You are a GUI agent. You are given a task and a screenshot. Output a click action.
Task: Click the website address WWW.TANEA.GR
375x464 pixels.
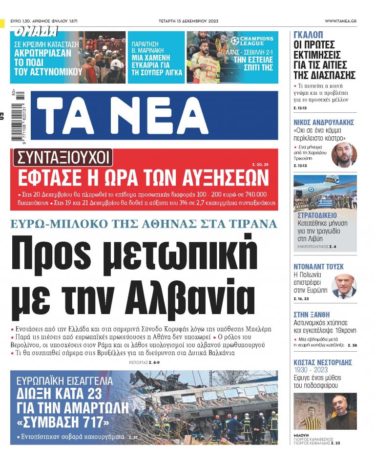click(340, 21)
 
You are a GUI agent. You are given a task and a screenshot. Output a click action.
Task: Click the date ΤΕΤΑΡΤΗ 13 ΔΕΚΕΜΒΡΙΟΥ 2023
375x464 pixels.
click(187, 21)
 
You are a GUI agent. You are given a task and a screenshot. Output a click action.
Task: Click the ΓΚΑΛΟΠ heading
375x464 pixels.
click(308, 35)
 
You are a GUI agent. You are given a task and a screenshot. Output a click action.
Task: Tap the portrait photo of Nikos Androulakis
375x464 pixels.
click(344, 155)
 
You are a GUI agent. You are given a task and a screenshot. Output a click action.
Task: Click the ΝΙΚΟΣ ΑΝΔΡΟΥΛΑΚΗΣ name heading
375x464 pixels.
click(324, 122)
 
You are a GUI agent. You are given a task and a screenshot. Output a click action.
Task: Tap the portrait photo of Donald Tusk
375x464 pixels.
click(344, 286)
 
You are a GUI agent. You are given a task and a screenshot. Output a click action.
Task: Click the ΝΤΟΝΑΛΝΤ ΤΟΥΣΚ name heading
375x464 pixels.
click(318, 266)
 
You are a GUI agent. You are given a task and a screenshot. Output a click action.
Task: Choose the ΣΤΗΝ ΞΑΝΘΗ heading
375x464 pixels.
click(312, 315)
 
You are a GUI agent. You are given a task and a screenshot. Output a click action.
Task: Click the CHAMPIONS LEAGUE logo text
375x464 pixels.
click(256, 41)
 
